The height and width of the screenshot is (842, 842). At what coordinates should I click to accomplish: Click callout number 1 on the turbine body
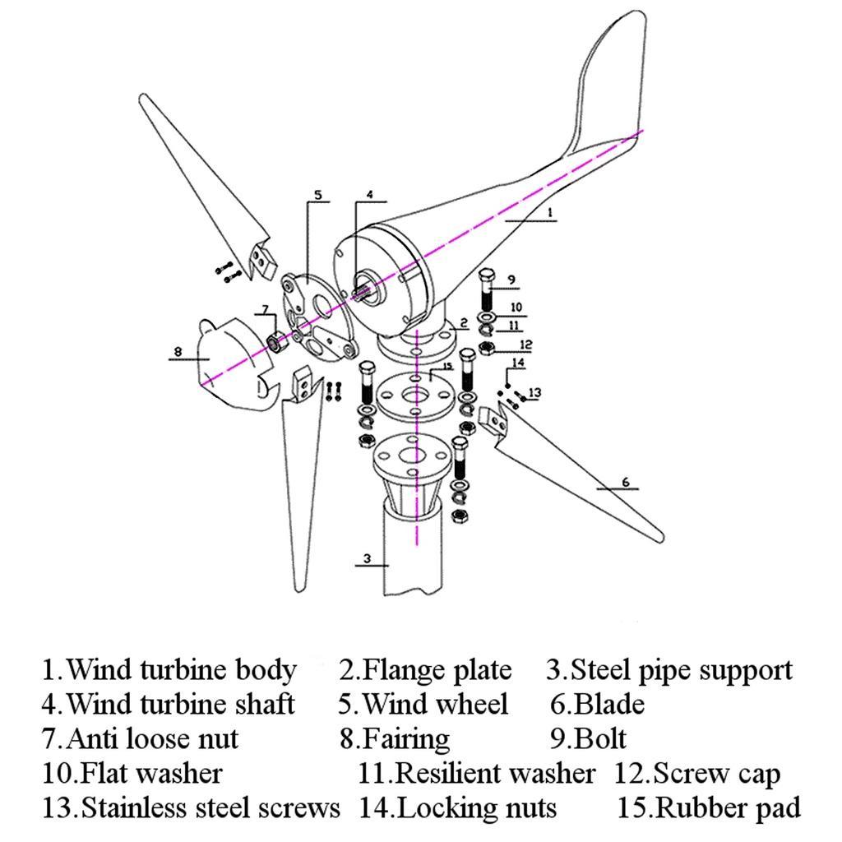click(550, 212)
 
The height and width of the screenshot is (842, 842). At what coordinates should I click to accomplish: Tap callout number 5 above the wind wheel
click(317, 196)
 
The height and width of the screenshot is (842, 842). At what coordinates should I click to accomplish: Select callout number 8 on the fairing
click(178, 352)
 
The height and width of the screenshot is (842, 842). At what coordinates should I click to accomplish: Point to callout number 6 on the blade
click(626, 482)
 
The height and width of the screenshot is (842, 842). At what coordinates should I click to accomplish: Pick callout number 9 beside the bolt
click(511, 280)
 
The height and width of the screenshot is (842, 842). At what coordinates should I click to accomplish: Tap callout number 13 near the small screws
click(535, 393)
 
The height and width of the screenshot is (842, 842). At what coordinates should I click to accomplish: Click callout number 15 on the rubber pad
click(448, 367)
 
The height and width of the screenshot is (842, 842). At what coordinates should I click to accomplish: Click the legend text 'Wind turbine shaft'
click(179, 704)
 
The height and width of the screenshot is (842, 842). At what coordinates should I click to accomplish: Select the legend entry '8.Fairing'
click(395, 738)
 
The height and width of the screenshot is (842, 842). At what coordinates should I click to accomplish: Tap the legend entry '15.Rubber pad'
click(708, 807)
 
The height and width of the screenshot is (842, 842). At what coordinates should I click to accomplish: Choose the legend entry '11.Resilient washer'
click(476, 773)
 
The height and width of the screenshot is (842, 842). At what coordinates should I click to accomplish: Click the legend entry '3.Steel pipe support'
click(669, 669)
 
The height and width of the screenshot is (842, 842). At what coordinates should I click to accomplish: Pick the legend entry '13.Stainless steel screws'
click(191, 807)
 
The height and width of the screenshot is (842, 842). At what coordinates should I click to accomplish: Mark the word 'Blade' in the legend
click(608, 704)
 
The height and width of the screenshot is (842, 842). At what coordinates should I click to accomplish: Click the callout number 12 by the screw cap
click(526, 345)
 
